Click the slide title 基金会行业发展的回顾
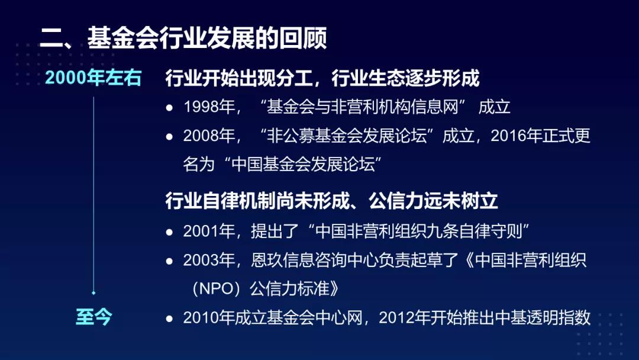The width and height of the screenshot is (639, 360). [x=207, y=38]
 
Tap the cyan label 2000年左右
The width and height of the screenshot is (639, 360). [x=93, y=78]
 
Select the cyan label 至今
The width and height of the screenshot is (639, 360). [x=93, y=317]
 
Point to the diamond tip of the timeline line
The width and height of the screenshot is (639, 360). [x=93, y=292]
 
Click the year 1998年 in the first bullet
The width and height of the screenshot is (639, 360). [x=209, y=107]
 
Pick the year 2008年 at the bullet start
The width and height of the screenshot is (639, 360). [x=209, y=136]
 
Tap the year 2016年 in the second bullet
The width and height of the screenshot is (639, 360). [x=516, y=136]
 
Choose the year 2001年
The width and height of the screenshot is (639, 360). [x=209, y=231]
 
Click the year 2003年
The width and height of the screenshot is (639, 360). [x=209, y=260]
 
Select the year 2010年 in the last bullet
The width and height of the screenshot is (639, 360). [x=209, y=317]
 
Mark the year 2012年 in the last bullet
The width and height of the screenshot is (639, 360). [x=404, y=317]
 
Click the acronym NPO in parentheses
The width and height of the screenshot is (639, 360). [x=216, y=289]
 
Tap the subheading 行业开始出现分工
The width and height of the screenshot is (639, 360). [x=239, y=78]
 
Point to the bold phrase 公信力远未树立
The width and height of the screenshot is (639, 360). [x=433, y=201]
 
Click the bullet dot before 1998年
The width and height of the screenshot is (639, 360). [x=170, y=108]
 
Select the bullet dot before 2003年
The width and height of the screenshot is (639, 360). [x=170, y=261]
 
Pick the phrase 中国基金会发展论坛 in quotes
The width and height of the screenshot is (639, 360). [x=303, y=164]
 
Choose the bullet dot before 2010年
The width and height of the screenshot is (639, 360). [x=170, y=319]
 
